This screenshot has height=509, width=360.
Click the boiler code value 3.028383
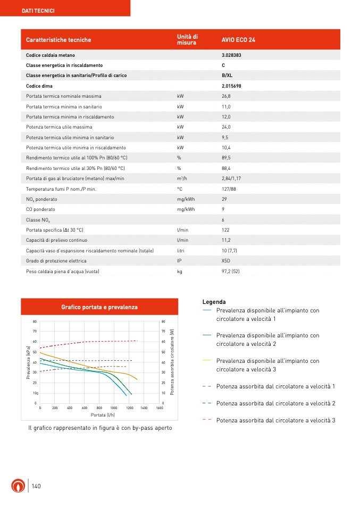[x=233, y=55]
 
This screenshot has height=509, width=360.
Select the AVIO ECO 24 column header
[x=238, y=40]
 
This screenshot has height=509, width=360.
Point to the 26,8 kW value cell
[x=226, y=96]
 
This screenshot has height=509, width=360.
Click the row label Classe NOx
[x=39, y=219]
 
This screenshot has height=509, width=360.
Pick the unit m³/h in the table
[x=181, y=179]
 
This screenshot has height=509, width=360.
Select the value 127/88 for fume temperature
[x=229, y=189]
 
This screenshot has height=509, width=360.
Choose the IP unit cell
[x=179, y=261]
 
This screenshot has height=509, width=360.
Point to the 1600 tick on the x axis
[x=159, y=408]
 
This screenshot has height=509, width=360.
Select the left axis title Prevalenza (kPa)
[x=28, y=362]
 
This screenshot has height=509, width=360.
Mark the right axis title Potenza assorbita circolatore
[x=172, y=362]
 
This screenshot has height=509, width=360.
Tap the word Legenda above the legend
[x=214, y=302]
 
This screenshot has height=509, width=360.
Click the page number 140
[x=36, y=486]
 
